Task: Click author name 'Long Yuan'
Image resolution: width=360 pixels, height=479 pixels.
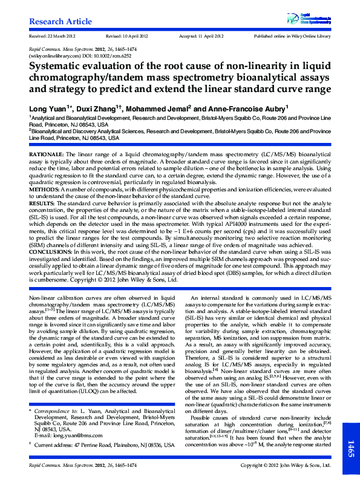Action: [50, 108]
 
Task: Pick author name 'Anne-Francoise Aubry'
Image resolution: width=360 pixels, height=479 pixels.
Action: [246, 108]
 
